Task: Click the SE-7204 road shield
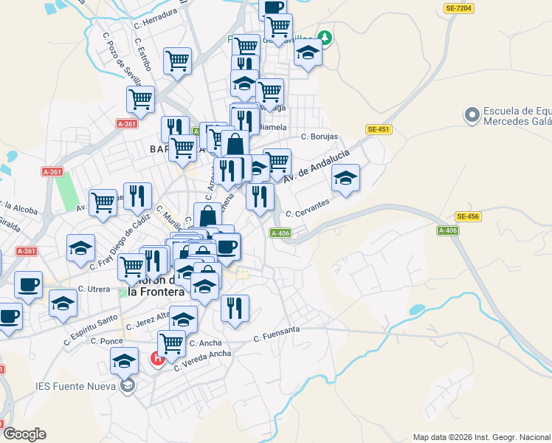pyautogui.click(x=458, y=8)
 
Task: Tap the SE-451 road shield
pyautogui.click(x=378, y=129)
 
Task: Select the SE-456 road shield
pyautogui.click(x=468, y=216)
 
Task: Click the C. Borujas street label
pyautogui.click(x=320, y=137)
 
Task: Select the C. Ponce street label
pyautogui.click(x=107, y=341)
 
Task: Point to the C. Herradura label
pyautogui.click(x=156, y=17)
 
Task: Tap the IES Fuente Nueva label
pyautogui.click(x=75, y=385)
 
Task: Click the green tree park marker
pyautogui.click(x=323, y=36)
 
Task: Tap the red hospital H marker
pyautogui.click(x=157, y=360)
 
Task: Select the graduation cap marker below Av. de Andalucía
pyautogui.click(x=345, y=178)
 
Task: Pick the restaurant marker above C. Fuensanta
pyautogui.click(x=235, y=308)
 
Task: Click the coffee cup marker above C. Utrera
pyautogui.click(x=29, y=284)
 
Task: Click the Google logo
pyautogui.click(x=24, y=434)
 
